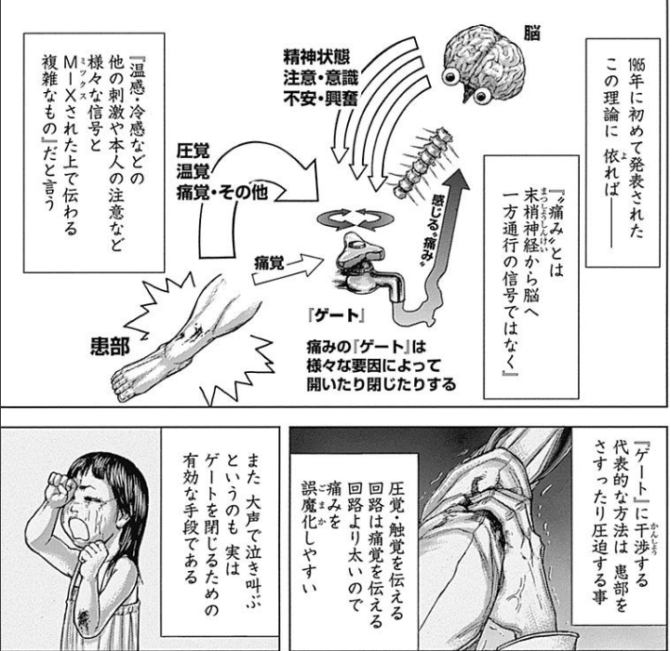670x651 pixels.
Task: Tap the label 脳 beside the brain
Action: [x=532, y=33]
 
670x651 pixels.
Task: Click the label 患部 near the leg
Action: [x=110, y=346]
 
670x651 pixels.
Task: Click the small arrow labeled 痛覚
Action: [x=288, y=269]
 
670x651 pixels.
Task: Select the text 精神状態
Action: [x=316, y=58]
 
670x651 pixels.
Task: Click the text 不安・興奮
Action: [x=320, y=99]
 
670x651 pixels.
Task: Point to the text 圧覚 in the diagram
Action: [x=194, y=151]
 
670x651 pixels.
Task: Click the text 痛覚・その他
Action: [x=222, y=193]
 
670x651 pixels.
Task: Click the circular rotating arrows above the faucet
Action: [x=355, y=219]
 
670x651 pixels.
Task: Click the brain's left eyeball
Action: [x=450, y=77]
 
